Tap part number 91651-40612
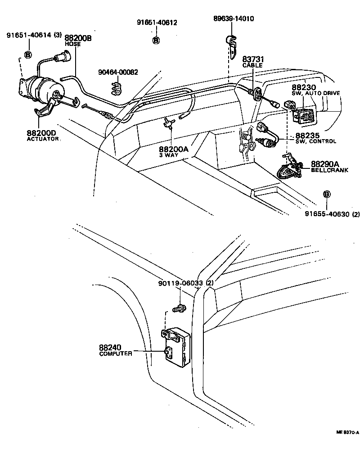point(157,23)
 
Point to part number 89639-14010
point(233,18)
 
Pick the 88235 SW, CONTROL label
point(315,137)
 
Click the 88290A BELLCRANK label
point(330,167)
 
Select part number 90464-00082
point(118,72)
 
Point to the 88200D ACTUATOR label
point(43,136)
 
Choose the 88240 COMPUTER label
point(115,350)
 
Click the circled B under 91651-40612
point(156,41)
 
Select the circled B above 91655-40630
point(327,194)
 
